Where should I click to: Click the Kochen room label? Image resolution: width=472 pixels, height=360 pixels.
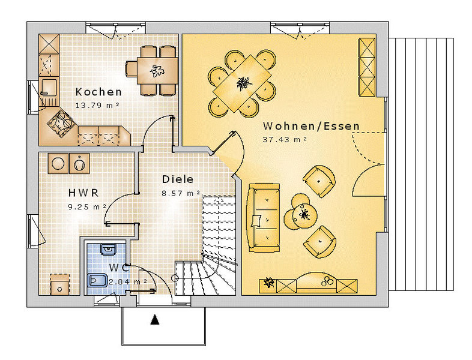click(98, 92)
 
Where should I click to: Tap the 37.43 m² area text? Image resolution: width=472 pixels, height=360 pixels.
click(285, 140)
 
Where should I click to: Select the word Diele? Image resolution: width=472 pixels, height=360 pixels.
click(178, 179)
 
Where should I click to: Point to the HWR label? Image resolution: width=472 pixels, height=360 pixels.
click(83, 193)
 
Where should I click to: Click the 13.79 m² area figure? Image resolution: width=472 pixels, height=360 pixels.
click(97, 105)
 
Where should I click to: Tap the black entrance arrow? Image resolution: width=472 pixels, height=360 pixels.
click(155, 320)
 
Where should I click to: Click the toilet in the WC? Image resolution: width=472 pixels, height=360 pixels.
click(97, 280)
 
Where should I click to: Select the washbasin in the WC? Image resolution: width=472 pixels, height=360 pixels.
click(108, 249)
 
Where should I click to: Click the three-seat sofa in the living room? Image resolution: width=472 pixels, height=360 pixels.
click(264, 217)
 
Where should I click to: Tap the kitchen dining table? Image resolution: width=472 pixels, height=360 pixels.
click(157, 71)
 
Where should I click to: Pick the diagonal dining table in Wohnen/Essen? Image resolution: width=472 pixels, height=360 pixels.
click(242, 83)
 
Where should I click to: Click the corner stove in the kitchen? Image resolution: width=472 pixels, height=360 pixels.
click(61, 123)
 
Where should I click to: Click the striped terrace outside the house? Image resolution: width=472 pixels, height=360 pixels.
click(421, 164)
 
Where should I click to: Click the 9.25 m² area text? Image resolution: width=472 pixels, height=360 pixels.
click(87, 207)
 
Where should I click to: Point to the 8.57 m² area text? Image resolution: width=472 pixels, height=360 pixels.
click(181, 193)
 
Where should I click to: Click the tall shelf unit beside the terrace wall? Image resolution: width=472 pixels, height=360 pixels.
click(367, 67)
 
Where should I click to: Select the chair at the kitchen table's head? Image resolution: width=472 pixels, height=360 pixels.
click(132, 69)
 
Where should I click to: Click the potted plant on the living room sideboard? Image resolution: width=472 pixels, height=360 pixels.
click(268, 283)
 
